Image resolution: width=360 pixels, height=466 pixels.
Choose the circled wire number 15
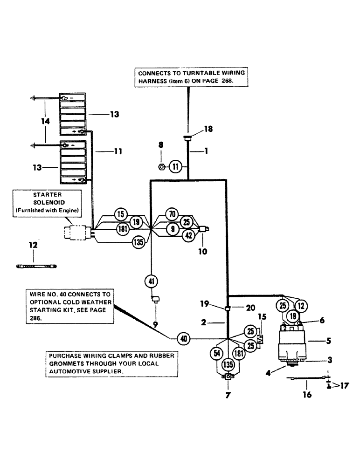click(x=121, y=215)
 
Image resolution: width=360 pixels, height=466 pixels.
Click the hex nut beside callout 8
click(x=161, y=166)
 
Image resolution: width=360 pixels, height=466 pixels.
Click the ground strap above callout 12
click(x=37, y=267)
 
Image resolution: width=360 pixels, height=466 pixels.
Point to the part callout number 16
click(x=307, y=395)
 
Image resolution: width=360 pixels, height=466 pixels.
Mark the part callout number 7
click(x=228, y=395)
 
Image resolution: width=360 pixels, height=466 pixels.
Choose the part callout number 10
click(x=203, y=252)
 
